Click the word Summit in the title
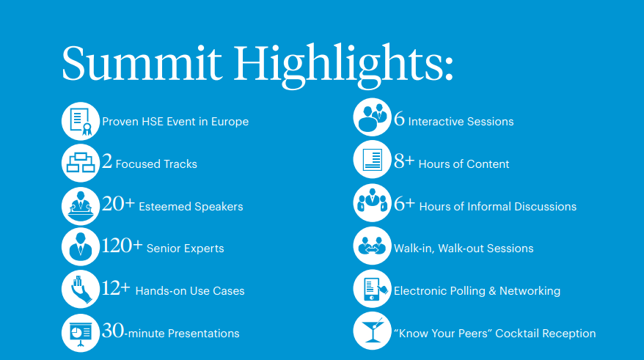click(x=142, y=63)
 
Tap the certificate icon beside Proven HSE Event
click(x=81, y=121)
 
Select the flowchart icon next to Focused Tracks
click(x=81, y=163)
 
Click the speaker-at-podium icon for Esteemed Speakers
click(x=81, y=205)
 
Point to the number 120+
click(x=122, y=246)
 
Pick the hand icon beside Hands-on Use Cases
click(x=81, y=289)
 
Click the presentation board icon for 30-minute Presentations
click(x=81, y=333)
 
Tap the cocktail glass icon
click(x=372, y=331)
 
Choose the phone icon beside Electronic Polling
click(x=372, y=289)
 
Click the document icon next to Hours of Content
click(x=372, y=159)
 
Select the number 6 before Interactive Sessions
click(x=399, y=120)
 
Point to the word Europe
click(x=230, y=122)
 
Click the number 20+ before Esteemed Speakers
click(x=118, y=204)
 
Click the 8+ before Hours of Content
click(x=404, y=161)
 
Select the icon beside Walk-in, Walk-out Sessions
click(x=372, y=246)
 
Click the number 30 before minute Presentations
click(x=112, y=331)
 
